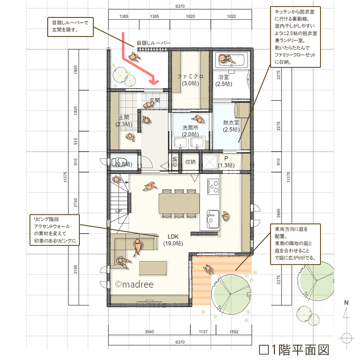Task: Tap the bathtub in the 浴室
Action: pyautogui.click(x=231, y=60)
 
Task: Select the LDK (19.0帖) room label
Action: pyautogui.click(x=173, y=240)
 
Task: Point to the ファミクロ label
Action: pyautogui.click(x=190, y=76)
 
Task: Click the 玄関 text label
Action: pyautogui.click(x=154, y=100)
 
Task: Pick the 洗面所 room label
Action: pyautogui.click(x=190, y=127)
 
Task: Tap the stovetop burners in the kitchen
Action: pyautogui.click(x=213, y=186)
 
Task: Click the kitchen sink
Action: pyautogui.click(x=213, y=219)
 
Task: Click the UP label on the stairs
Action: pyautogui.click(x=118, y=211)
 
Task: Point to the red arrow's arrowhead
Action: pyautogui.click(x=154, y=81)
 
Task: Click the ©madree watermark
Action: pyautogui.click(x=134, y=284)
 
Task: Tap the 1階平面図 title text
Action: pyautogui.click(x=294, y=350)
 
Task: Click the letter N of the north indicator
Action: pyautogui.click(x=346, y=303)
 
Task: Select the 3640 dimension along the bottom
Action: pyautogui.click(x=149, y=332)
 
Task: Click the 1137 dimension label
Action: pyautogui.click(x=203, y=332)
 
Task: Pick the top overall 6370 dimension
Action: pyautogui.click(x=180, y=6)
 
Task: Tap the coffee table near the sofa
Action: pyautogui.click(x=153, y=268)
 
